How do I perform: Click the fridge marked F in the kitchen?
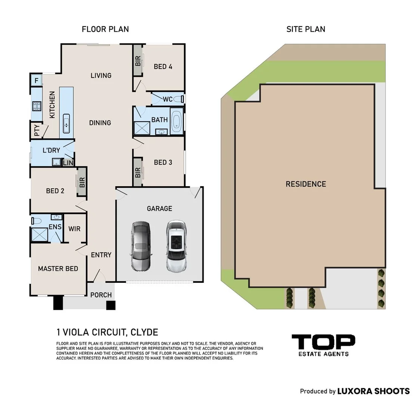[37, 80]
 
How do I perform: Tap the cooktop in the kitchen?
[37, 106]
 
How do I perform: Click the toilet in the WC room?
[182, 99]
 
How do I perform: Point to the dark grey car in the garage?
[141, 246]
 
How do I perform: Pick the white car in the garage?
[176, 246]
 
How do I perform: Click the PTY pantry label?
[37, 130]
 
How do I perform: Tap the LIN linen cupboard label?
[68, 163]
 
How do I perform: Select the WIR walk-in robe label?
[74, 229]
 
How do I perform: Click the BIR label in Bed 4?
[138, 61]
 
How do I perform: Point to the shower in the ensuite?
[40, 234]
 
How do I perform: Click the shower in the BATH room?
[142, 128]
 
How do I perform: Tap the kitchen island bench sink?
[66, 123]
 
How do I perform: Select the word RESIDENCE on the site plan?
[306, 184]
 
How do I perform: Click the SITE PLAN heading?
[306, 29]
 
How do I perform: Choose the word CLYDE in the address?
[144, 332]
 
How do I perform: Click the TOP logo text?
[323, 342]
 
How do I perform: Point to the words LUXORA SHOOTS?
[374, 391]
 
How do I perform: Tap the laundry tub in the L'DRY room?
[56, 162]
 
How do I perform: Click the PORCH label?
[101, 295]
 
